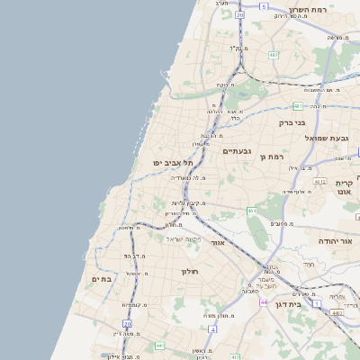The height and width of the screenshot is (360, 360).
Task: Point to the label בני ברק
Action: (292, 122)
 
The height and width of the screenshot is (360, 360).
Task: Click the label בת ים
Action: (102, 279)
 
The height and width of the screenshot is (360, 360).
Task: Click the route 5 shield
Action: (264, 6)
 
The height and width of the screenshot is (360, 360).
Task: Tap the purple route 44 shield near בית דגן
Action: (264, 302)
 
